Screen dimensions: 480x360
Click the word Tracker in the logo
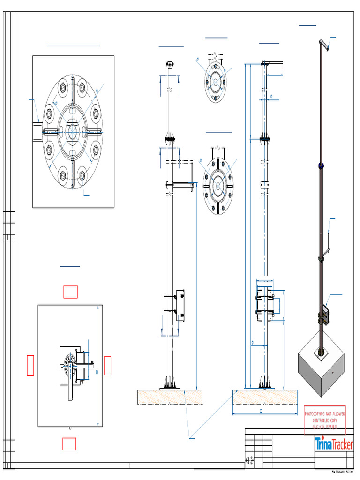(342, 443)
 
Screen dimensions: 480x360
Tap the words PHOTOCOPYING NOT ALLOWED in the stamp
(325, 414)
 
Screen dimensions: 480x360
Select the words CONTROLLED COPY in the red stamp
(325, 421)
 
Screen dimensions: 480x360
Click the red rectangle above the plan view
(71, 292)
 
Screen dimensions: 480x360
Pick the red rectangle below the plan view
(69, 443)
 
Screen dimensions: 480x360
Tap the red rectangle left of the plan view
(30, 366)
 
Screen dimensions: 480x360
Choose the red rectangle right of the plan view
(107, 366)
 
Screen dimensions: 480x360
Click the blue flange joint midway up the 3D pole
(322, 165)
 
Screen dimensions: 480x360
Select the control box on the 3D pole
(323, 314)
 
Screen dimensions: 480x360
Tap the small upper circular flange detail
(215, 82)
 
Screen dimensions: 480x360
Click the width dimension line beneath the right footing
(265, 414)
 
